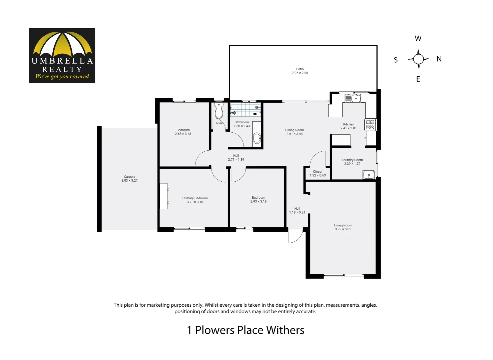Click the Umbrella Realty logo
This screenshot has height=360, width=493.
[x=62, y=56]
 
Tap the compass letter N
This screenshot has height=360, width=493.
[x=439, y=59]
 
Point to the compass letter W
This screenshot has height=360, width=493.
[x=418, y=38]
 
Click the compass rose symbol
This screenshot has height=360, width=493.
[x=418, y=59]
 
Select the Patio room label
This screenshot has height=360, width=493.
[x=300, y=69]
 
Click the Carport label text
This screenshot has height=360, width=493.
[x=129, y=177]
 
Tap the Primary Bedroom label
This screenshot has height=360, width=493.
[x=195, y=198]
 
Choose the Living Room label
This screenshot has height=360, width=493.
[x=343, y=225]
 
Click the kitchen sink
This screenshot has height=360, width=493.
[x=353, y=98]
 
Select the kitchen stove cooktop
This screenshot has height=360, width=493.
[x=370, y=125]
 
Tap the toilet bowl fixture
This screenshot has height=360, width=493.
[x=219, y=111]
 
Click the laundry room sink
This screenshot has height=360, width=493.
[x=369, y=174]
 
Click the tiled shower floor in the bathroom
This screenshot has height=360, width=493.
[x=245, y=109]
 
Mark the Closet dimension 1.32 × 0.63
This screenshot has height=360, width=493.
[x=318, y=175]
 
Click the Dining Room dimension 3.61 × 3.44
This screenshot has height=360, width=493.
[x=295, y=134]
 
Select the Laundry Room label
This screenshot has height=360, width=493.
[x=352, y=160]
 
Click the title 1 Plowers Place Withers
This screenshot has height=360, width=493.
[x=245, y=330]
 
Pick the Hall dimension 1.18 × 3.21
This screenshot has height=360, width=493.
[x=297, y=212]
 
